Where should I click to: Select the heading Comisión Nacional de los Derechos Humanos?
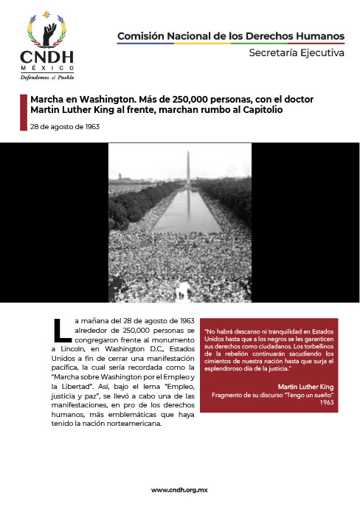coord(230,35)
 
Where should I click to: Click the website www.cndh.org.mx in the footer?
coord(180,490)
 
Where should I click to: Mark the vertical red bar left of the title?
coord(23,104)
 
